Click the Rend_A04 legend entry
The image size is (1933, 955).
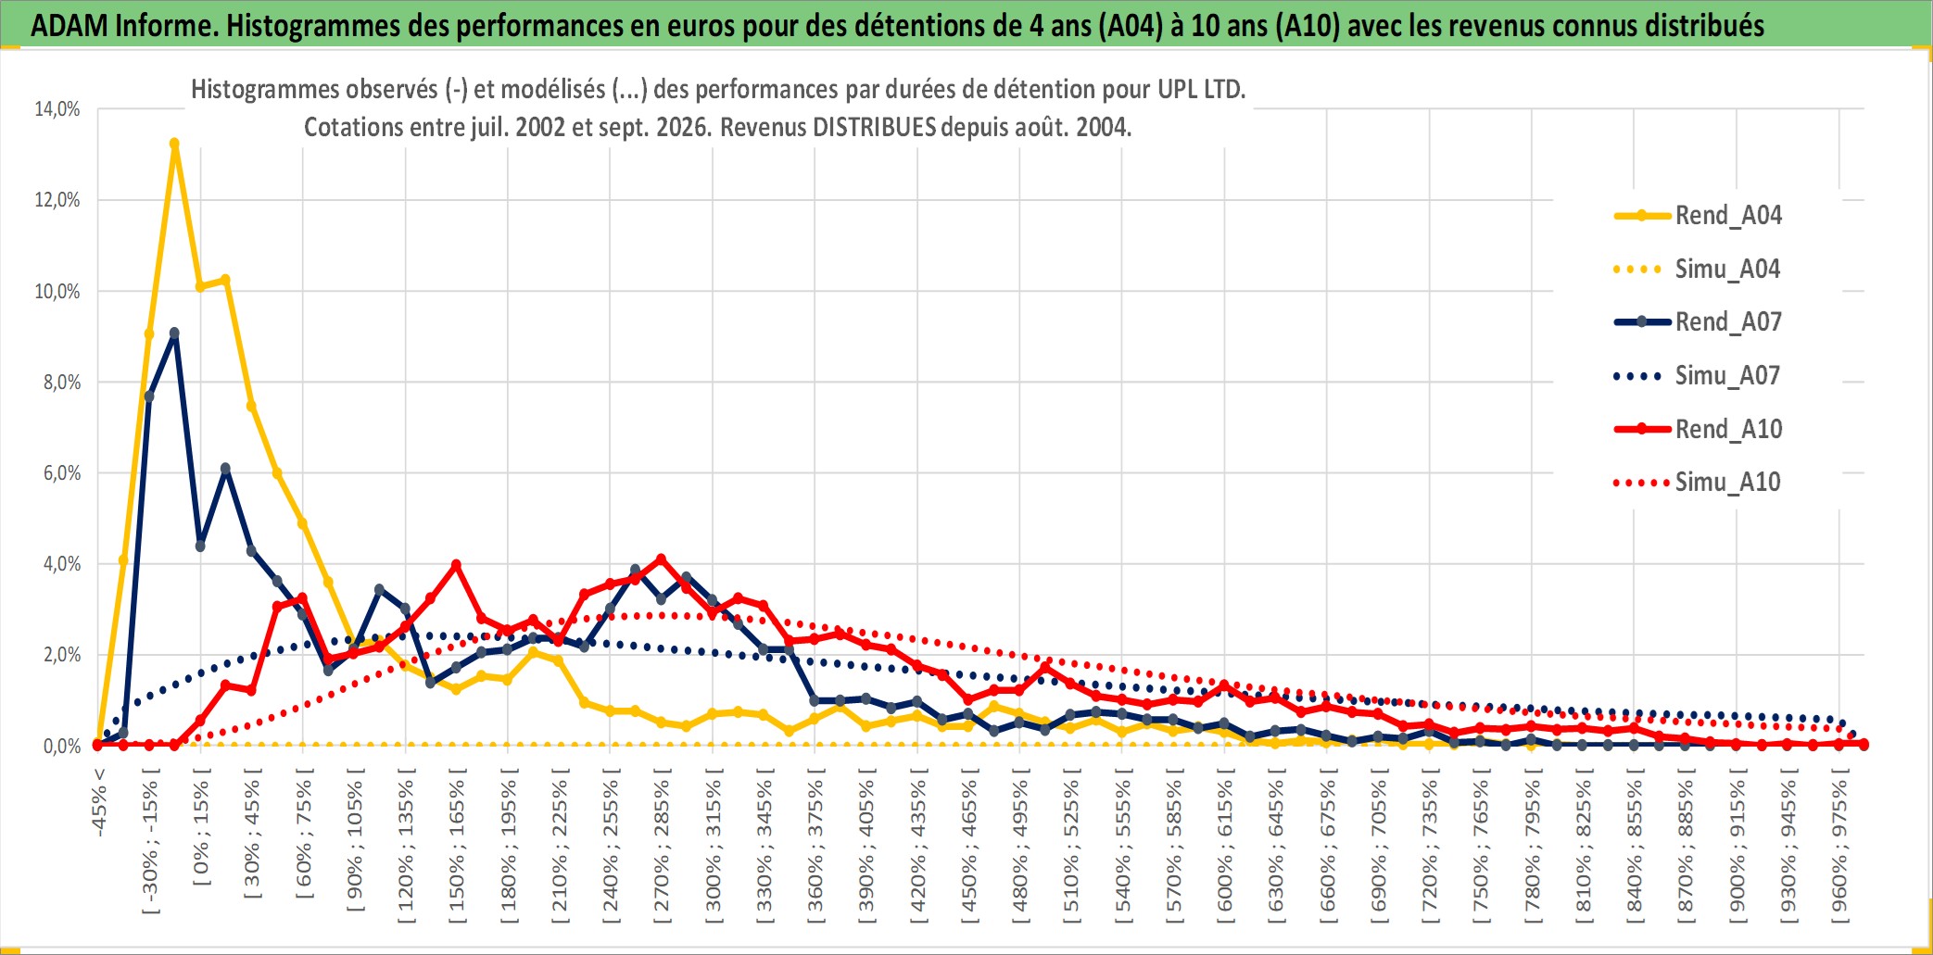click(x=1698, y=216)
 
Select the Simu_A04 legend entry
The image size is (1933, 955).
click(x=1698, y=270)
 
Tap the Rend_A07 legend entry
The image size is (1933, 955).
click(x=1698, y=322)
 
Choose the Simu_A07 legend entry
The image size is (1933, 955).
click(x=1698, y=376)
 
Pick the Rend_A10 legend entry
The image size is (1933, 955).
click(x=1698, y=429)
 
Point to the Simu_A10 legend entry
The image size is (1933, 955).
click(x=1698, y=483)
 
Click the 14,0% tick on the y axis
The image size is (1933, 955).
click(x=57, y=109)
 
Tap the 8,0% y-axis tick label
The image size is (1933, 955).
click(x=62, y=383)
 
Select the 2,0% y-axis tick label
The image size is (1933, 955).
click(x=62, y=655)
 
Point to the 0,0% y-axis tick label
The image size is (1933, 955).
click(x=62, y=746)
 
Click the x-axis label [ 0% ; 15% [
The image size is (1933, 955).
click(x=201, y=827)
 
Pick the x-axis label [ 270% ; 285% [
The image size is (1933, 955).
click(x=662, y=846)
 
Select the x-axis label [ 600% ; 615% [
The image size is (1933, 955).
click(x=1225, y=846)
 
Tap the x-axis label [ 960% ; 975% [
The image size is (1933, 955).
click(x=1839, y=846)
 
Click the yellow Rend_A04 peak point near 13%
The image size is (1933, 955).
click(x=174, y=144)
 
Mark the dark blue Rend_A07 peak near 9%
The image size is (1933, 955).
click(x=174, y=333)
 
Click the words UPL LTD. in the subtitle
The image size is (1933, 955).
click(x=1202, y=90)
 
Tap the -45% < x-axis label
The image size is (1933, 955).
click(x=99, y=802)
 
